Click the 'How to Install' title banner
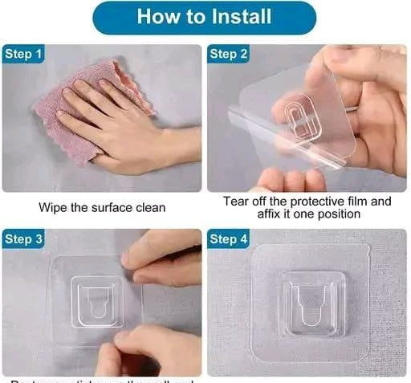coord(205,17)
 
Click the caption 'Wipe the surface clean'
coord(102,207)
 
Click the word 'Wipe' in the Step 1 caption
coord(54,207)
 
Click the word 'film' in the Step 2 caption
coord(356,202)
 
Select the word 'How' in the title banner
coord(155,17)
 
